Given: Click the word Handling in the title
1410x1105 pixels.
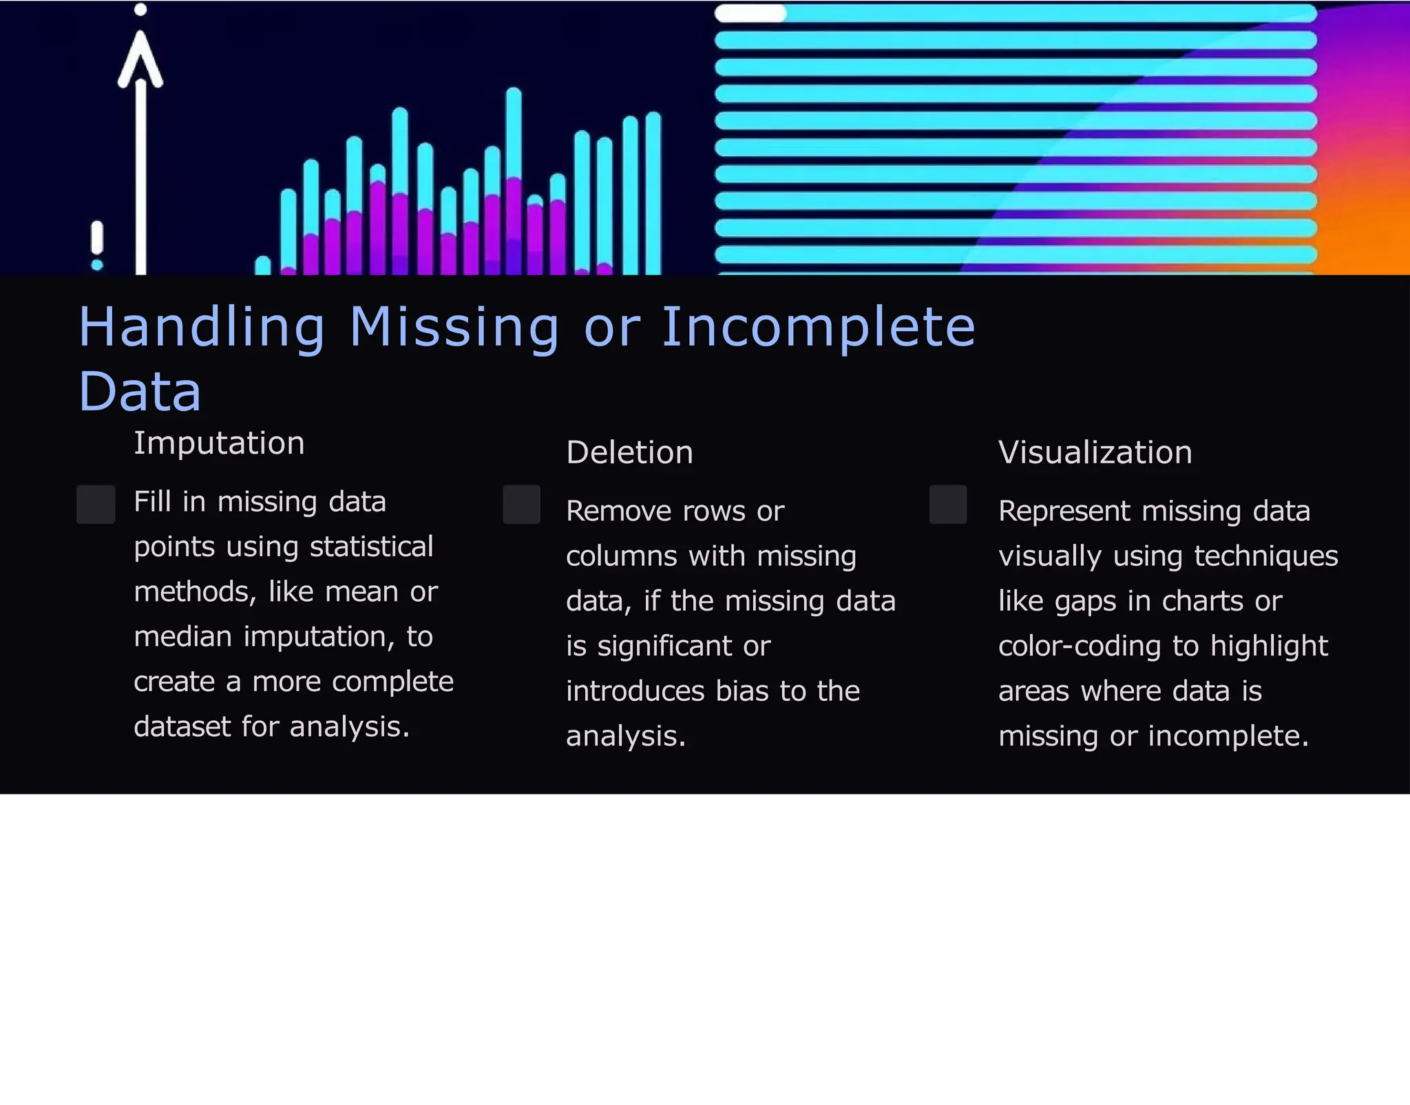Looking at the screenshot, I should [x=201, y=327].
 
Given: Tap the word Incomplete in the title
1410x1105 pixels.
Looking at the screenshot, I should [x=818, y=327].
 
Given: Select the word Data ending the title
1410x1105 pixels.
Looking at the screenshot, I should [x=140, y=391].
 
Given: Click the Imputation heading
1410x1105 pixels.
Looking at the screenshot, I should [x=219, y=443].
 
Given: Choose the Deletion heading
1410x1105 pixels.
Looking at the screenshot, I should [x=629, y=452].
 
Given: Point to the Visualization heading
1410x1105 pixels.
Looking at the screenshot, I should [x=1095, y=452].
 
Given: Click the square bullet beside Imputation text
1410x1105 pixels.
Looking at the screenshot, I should [x=96, y=504].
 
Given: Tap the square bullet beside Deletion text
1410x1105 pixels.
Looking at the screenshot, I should [x=521, y=504].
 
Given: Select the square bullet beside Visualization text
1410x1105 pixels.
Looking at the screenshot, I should [x=947, y=504].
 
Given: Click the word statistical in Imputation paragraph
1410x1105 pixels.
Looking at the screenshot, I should [x=371, y=547].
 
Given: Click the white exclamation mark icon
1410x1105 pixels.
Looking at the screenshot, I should [x=97, y=244].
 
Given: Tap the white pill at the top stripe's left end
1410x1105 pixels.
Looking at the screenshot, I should [x=750, y=13].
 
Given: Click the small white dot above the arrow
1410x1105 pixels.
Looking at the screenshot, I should [x=140, y=10].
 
